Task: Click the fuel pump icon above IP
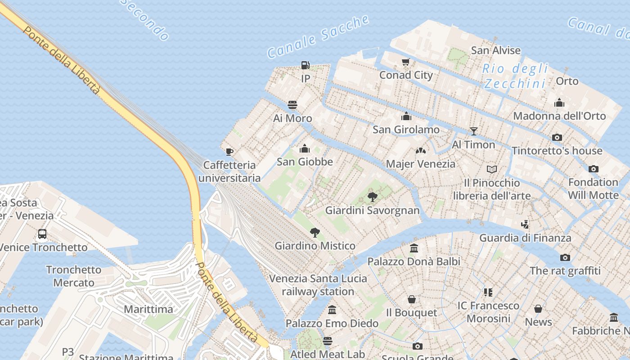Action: click(x=306, y=66)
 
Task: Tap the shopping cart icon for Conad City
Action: click(x=406, y=62)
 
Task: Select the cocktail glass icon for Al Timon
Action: click(x=473, y=131)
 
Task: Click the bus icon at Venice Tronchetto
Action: click(x=42, y=234)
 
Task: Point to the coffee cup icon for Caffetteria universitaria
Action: click(x=229, y=152)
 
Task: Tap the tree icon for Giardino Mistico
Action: click(x=315, y=233)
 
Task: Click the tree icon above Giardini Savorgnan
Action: click(x=372, y=197)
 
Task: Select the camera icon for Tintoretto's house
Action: click(x=557, y=138)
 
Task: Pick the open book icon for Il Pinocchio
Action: click(x=492, y=170)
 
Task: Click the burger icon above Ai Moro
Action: click(x=292, y=105)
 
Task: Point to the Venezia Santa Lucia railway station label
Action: click(x=318, y=285)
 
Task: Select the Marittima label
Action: click(x=148, y=309)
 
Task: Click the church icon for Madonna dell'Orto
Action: click(x=559, y=103)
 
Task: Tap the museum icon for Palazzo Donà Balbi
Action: click(x=414, y=248)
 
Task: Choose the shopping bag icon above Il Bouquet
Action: click(x=412, y=299)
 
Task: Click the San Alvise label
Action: click(x=495, y=50)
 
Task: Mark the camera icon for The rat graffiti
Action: click(x=565, y=258)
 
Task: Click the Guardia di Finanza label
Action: click(x=525, y=238)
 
